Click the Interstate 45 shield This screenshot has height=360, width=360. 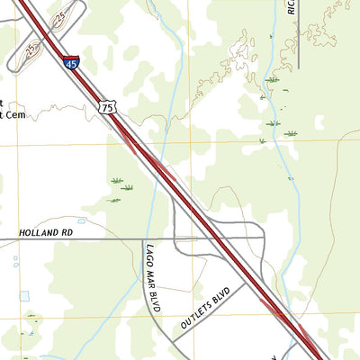pyautogui.click(x=71, y=62)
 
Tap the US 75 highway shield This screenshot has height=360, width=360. pyautogui.click(x=108, y=107)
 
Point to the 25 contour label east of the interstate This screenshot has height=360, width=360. pyautogui.click(x=60, y=17)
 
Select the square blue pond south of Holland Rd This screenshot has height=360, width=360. pyautogui.click(x=23, y=296)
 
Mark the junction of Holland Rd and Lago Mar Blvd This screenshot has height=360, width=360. pyautogui.click(x=147, y=238)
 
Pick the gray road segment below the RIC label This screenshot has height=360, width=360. pyautogui.click(x=297, y=45)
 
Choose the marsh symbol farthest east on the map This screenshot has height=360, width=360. pyautogui.click(x=291, y=133)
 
